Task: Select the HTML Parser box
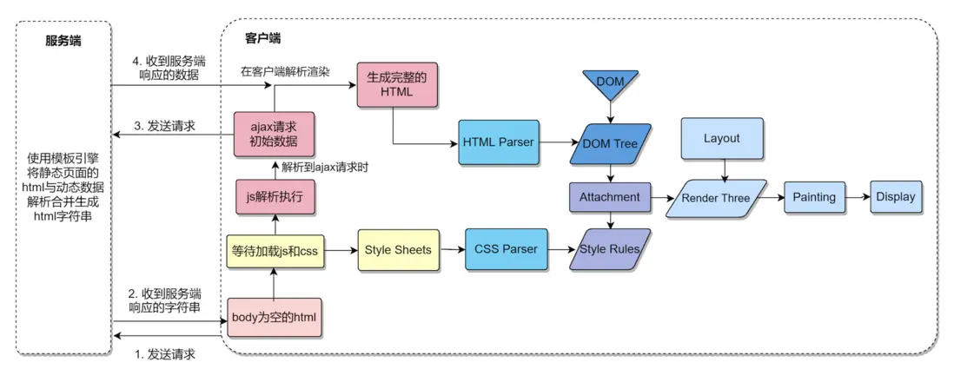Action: click(498, 141)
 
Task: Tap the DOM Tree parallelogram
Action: click(611, 142)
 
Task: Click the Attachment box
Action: click(609, 197)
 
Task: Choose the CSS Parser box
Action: click(506, 249)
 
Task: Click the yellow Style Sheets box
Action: click(397, 249)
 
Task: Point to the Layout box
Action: click(721, 139)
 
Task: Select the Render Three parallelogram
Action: click(716, 198)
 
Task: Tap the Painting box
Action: click(813, 197)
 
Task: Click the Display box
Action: click(895, 197)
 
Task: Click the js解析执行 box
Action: click(274, 197)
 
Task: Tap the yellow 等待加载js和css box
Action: click(275, 251)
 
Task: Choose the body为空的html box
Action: click(274, 318)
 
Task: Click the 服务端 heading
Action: click(63, 40)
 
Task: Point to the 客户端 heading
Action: click(263, 39)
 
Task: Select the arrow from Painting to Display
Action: click(857, 197)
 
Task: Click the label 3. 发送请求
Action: click(165, 127)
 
